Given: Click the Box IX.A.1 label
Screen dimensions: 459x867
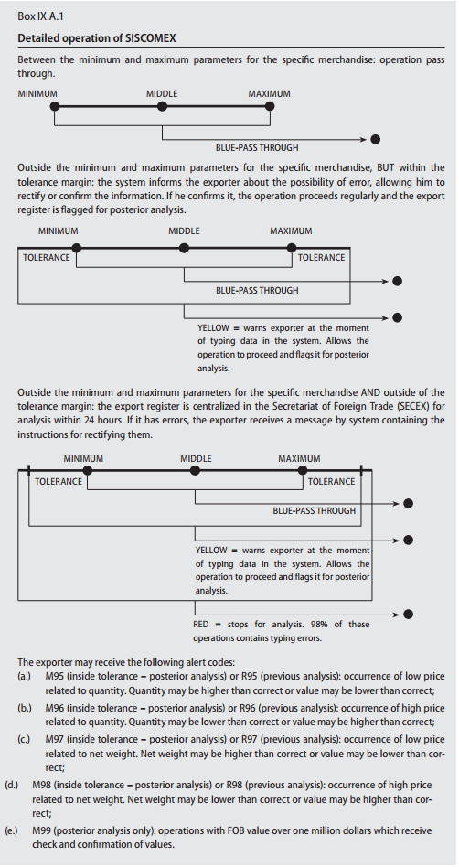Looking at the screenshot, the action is (40, 16).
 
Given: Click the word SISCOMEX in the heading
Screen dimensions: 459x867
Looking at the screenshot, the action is (152, 38).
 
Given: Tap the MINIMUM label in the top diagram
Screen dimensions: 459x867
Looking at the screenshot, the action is (37, 94).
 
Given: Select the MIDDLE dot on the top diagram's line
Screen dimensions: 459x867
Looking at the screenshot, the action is (162, 105).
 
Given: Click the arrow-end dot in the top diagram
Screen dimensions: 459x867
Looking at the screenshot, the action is (376, 139).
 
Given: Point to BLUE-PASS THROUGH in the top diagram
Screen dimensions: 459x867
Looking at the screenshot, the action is (257, 147).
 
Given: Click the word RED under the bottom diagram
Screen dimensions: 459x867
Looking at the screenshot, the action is (200, 625).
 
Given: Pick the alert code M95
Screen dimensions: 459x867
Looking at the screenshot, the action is (55, 676).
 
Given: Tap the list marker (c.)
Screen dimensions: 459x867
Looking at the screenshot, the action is (24, 739).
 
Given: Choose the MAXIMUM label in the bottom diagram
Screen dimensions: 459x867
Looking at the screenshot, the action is (299, 458).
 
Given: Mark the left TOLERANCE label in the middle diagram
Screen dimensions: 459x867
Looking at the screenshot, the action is (47, 257).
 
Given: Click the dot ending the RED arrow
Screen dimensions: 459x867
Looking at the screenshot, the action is (408, 614).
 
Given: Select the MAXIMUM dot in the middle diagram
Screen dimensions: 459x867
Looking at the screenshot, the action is (292, 248).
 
